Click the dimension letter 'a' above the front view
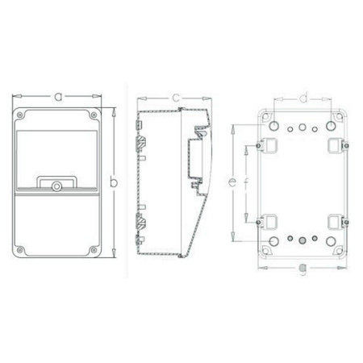pos(58,96)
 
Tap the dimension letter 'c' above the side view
pos(174,98)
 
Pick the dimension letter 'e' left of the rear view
pos(232,183)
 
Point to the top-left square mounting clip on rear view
pos(269,144)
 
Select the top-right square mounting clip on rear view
pos(335,144)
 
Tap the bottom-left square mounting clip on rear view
pos(269,220)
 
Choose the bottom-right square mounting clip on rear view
pos(335,220)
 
